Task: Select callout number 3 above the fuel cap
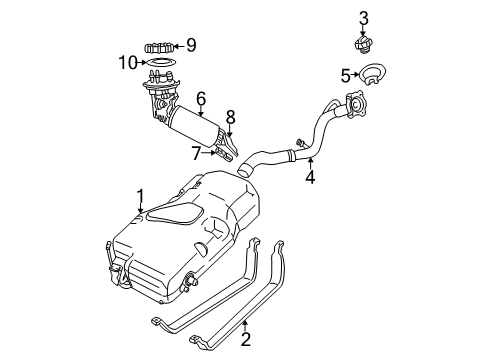(x=364, y=16)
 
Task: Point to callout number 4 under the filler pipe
(x=310, y=179)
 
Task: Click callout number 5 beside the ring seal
(x=345, y=74)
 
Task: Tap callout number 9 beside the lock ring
(x=191, y=44)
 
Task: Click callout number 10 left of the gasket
(x=127, y=63)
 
